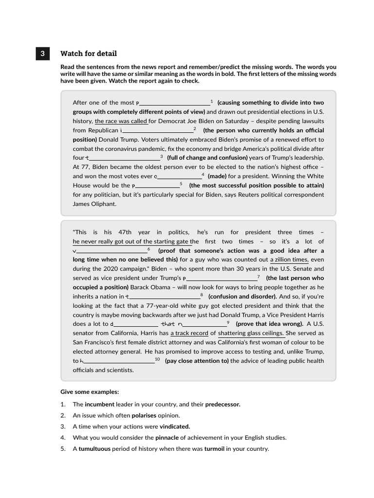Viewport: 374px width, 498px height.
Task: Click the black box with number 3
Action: coord(42,53)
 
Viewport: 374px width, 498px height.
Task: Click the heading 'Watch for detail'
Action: coord(89,53)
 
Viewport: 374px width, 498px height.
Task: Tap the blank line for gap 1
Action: coord(175,103)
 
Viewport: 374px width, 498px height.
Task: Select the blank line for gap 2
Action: coord(158,131)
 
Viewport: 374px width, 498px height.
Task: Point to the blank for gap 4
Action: coord(179,177)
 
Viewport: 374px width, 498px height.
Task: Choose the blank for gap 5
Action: coord(157,186)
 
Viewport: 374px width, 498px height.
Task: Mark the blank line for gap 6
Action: coord(112,251)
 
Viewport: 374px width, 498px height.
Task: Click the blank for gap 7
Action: coord(222,279)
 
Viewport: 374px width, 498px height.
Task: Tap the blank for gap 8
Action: coord(164,297)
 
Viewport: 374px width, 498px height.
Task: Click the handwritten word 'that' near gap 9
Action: coord(168,324)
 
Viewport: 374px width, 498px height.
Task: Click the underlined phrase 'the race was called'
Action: coord(121,121)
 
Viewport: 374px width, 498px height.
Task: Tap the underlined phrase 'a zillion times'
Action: coord(289,260)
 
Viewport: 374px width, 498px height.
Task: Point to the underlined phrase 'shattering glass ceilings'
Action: coord(251,333)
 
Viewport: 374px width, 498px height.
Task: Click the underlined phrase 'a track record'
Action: coord(189,333)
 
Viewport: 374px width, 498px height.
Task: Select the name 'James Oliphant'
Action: coord(94,204)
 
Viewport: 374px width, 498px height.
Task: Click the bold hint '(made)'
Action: coord(217,177)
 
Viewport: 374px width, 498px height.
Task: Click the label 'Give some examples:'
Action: coord(90,392)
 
